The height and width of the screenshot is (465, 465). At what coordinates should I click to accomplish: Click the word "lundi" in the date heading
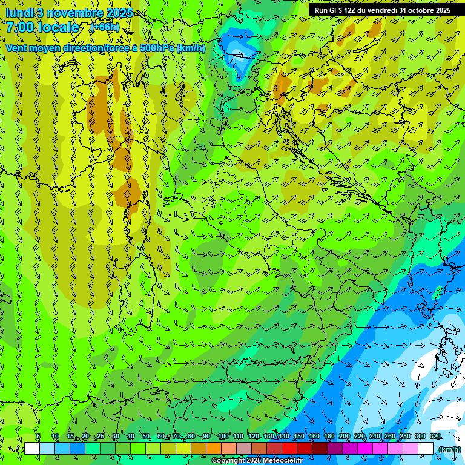pos(19,13)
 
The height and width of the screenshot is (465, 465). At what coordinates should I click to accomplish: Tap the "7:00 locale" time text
pos(42,28)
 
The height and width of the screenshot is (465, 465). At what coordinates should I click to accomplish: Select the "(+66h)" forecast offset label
pos(105,27)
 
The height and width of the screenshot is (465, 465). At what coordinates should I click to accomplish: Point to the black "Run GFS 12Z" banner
pos(382,10)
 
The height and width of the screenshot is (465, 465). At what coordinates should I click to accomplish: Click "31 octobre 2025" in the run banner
pos(424,10)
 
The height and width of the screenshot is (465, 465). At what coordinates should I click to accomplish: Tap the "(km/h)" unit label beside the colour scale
pos(449,449)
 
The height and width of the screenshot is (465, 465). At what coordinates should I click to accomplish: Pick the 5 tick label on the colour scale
pos(38,436)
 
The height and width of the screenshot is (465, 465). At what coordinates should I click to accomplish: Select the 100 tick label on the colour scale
pos(223,436)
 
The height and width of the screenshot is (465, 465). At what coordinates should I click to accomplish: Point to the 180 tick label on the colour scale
pos(329,436)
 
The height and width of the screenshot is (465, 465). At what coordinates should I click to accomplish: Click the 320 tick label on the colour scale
pos(435,436)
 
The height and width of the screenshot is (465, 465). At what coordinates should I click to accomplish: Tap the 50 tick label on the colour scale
pos(146,436)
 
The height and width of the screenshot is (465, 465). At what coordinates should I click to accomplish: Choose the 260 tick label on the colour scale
pos(389,436)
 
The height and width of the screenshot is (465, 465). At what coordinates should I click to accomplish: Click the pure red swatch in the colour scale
pos(289,449)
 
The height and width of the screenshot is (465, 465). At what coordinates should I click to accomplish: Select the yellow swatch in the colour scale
pos(183,449)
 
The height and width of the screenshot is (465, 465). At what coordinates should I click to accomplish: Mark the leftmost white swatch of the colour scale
pos(32,449)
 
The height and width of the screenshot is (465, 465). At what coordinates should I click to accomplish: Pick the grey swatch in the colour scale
pos(244,449)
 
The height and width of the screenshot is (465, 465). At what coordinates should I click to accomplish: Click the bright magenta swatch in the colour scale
pos(365,449)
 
